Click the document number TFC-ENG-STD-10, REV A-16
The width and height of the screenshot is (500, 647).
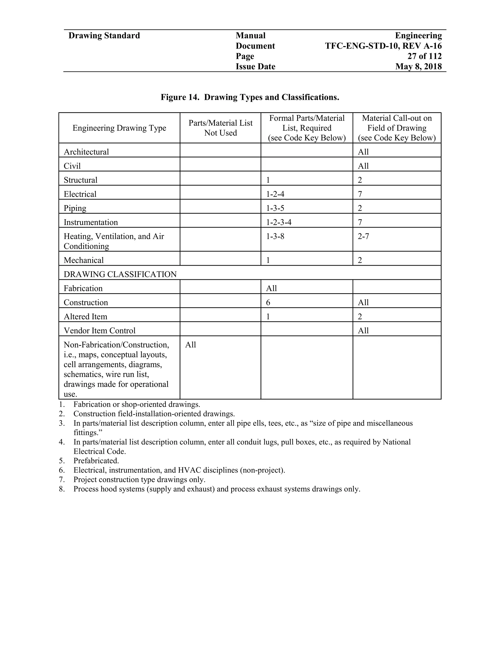click(383, 46)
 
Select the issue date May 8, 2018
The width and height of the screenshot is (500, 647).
click(418, 66)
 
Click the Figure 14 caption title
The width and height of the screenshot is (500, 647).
click(250, 97)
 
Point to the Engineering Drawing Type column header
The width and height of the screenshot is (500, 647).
click(119, 128)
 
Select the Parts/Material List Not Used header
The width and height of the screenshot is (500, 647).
click(220, 128)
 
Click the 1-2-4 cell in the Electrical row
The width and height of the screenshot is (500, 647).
click(275, 194)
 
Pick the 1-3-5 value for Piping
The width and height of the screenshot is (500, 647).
click(275, 208)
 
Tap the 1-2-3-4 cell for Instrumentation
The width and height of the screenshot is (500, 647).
click(279, 222)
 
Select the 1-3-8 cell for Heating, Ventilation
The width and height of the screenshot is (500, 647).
click(275, 236)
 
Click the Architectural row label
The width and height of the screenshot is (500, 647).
click(86, 152)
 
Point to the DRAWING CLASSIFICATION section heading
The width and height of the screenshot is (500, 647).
click(120, 274)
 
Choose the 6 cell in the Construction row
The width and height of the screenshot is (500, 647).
click(268, 303)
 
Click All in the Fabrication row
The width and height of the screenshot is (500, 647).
click(271, 288)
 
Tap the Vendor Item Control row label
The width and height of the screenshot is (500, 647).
click(100, 331)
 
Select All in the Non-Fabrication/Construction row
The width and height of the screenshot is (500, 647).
click(190, 345)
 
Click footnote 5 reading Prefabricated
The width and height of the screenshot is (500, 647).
click(96, 461)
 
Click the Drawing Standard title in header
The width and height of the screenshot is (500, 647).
click(104, 36)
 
